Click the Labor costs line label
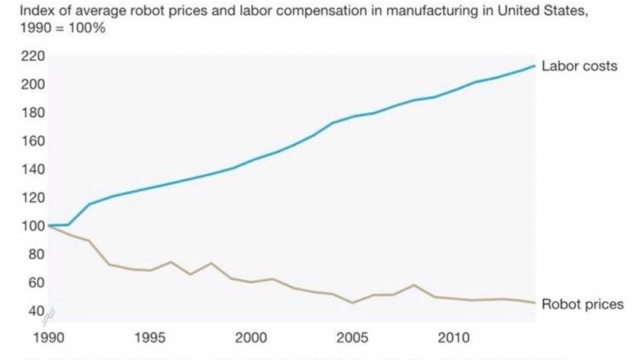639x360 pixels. pos(579,66)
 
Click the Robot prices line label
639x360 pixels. pos(582,304)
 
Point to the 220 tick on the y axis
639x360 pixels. pos(34,56)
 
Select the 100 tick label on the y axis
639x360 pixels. pos(34,226)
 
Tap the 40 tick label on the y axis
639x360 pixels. pos(37,311)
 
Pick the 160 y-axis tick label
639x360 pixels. pos(34,141)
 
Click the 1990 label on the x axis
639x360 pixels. pos(49,338)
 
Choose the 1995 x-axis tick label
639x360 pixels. pos(150,338)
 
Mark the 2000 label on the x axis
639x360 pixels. pos(251,338)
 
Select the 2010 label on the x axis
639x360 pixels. pos(453,338)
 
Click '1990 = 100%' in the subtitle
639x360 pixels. pos(54,28)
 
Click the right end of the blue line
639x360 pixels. pos(535,66)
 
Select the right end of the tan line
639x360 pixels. pos(535,303)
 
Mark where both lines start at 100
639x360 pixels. pos(49,225)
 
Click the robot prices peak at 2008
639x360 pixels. pos(413,285)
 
